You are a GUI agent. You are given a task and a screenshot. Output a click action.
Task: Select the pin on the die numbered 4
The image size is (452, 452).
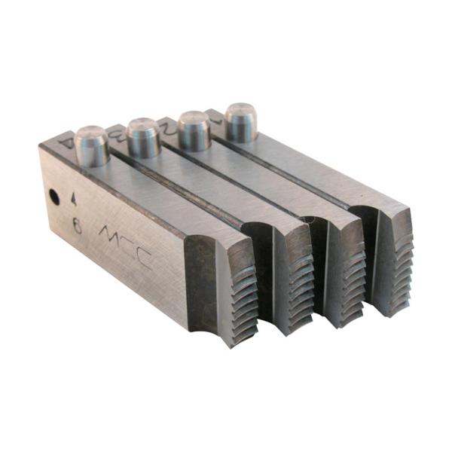pos(93,146)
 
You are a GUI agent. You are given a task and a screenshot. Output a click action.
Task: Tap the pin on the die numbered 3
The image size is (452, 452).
pos(144,137)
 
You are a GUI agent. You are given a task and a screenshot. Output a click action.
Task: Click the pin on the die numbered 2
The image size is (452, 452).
pos(194,130)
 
